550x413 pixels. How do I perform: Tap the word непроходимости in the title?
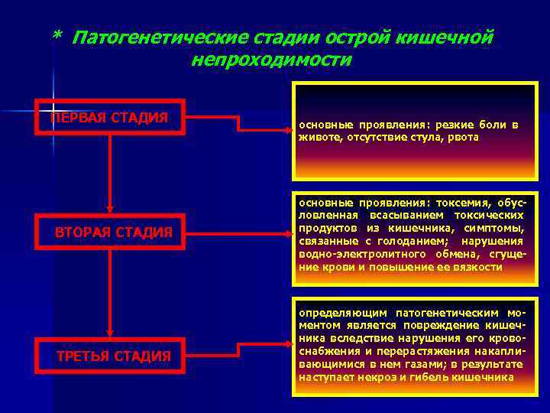coord(271,60)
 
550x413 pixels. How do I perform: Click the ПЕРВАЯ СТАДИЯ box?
coord(110,117)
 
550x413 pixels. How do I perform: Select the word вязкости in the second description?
coord(480,267)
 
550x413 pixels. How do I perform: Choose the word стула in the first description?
coord(417,137)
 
